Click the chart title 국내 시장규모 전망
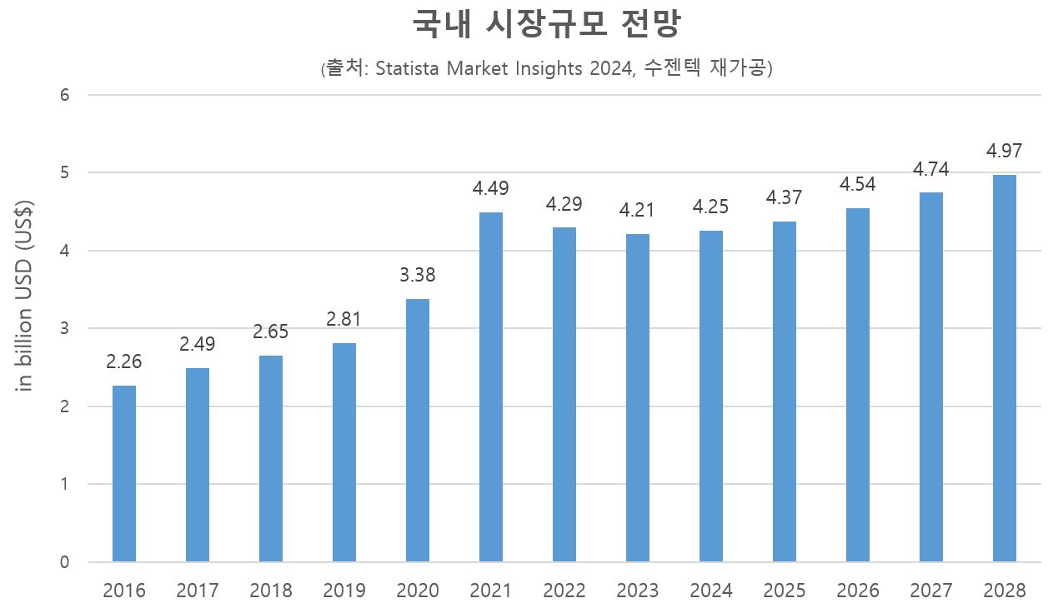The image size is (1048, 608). [547, 26]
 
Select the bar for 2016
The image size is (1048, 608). [124, 473]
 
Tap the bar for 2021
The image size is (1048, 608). [491, 387]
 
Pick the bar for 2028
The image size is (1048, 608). [1005, 368]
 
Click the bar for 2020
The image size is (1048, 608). [418, 430]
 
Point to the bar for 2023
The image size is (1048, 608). [638, 398]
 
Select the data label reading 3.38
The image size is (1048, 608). [417, 275]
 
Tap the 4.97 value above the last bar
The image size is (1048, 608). [1004, 152]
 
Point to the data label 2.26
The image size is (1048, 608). [123, 362]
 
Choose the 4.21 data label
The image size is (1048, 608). [637, 211]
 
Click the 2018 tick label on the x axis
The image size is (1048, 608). [271, 591]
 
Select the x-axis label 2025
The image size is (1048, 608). [785, 591]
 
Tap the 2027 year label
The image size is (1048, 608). [931, 591]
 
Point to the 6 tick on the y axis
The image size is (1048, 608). [64, 95]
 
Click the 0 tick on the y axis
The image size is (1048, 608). [64, 562]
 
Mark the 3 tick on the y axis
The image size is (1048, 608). [64, 328]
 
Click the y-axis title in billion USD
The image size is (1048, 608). [26, 296]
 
